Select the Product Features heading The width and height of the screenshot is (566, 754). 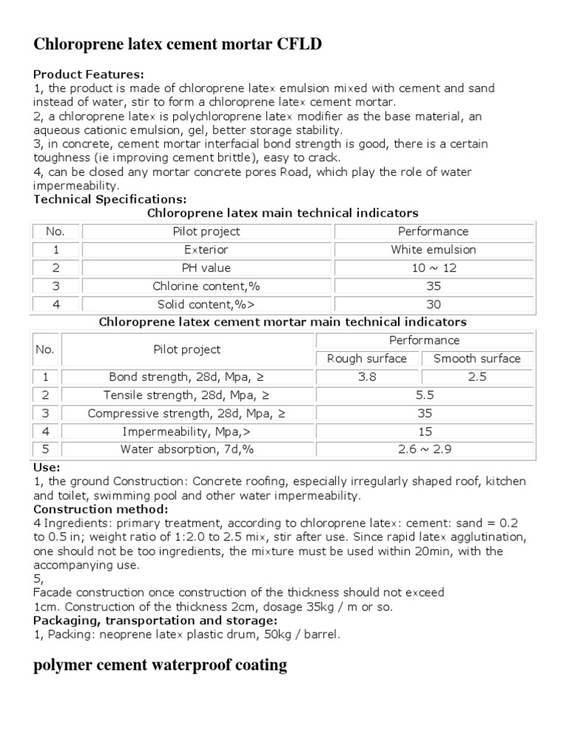click(89, 74)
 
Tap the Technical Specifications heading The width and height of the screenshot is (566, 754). click(111, 200)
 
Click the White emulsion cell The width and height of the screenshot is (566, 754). click(433, 250)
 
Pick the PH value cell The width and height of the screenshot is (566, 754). click(206, 268)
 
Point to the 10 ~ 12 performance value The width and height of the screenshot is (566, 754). click(433, 268)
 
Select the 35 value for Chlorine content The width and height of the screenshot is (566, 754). click(433, 286)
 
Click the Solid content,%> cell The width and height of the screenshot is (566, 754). click(206, 304)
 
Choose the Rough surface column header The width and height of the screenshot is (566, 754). click(366, 359)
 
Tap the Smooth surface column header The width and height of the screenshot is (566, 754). click(477, 359)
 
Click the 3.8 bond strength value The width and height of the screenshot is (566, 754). click(366, 377)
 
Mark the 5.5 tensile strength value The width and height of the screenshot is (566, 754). click(424, 395)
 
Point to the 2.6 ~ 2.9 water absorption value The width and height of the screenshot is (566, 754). click(424, 449)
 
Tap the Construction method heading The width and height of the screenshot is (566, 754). click(101, 510)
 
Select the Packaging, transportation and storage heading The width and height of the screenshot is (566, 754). click(155, 621)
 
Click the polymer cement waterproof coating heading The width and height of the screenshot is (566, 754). click(161, 666)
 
